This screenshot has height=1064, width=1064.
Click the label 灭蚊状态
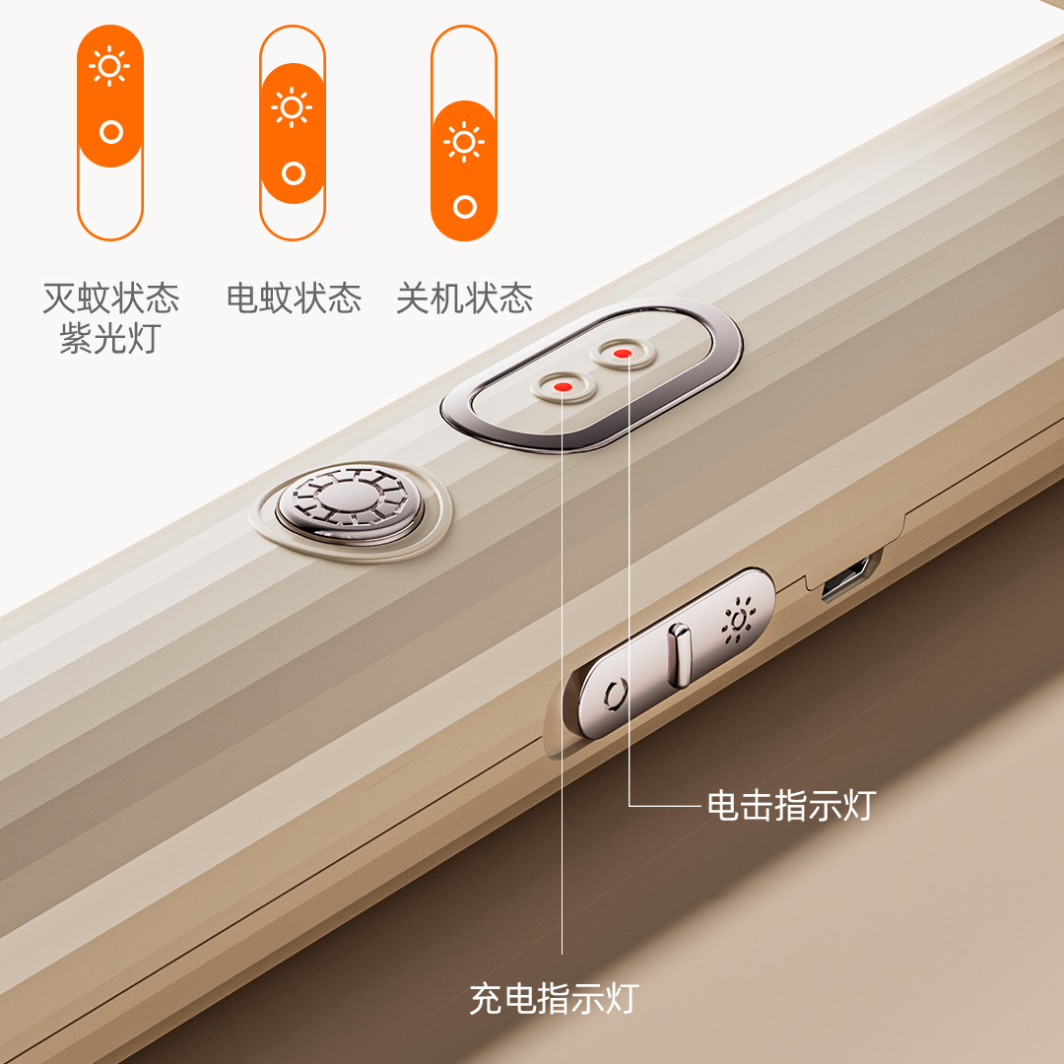(110, 298)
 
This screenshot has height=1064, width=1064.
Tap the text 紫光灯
(108, 339)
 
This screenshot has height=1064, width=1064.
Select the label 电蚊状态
(294, 298)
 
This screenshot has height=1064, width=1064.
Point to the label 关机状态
(464, 298)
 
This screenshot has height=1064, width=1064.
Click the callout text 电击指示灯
(790, 805)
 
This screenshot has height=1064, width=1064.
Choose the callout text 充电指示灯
(554, 999)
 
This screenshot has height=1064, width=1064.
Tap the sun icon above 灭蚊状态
(109, 67)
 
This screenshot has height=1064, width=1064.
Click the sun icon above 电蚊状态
(292, 106)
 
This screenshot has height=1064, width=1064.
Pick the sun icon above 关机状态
(464, 142)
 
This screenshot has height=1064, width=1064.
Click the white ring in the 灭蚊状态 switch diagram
(111, 131)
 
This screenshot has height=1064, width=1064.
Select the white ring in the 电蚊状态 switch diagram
(293, 173)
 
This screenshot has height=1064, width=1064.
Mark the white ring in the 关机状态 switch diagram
(465, 207)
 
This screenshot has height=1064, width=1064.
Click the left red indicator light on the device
(563, 387)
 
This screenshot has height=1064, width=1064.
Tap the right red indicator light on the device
(622, 353)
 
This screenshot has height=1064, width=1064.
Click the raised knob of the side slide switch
(677, 656)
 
